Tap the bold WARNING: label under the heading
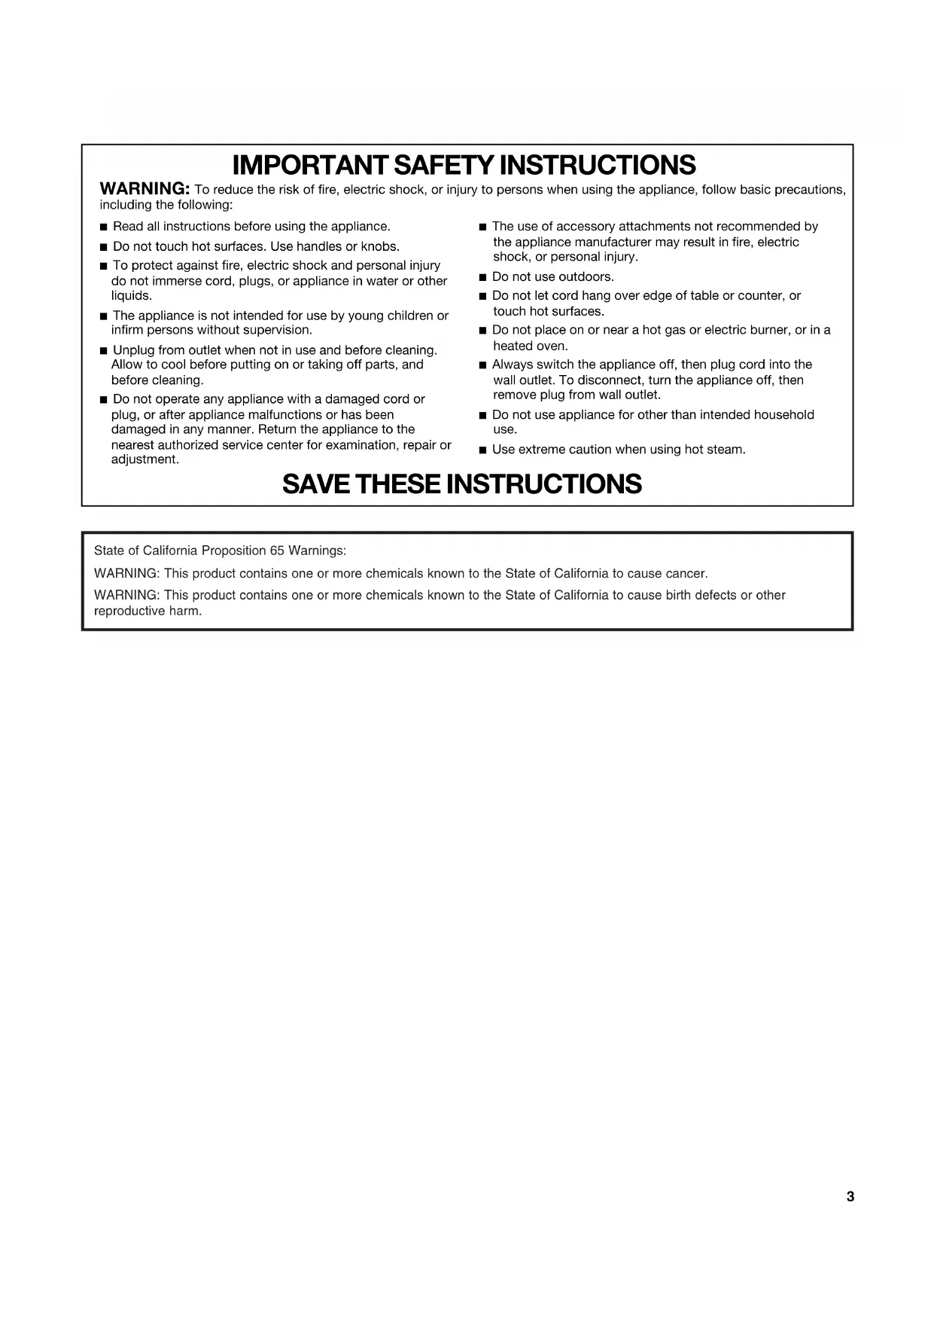145,188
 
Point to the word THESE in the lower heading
399,484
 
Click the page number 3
850,1197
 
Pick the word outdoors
586,277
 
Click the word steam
726,450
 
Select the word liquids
132,296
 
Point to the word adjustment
145,459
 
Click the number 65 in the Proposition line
277,551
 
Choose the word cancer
687,574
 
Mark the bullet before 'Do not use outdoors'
483,278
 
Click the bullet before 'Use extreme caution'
483,450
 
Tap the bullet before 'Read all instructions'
104,227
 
